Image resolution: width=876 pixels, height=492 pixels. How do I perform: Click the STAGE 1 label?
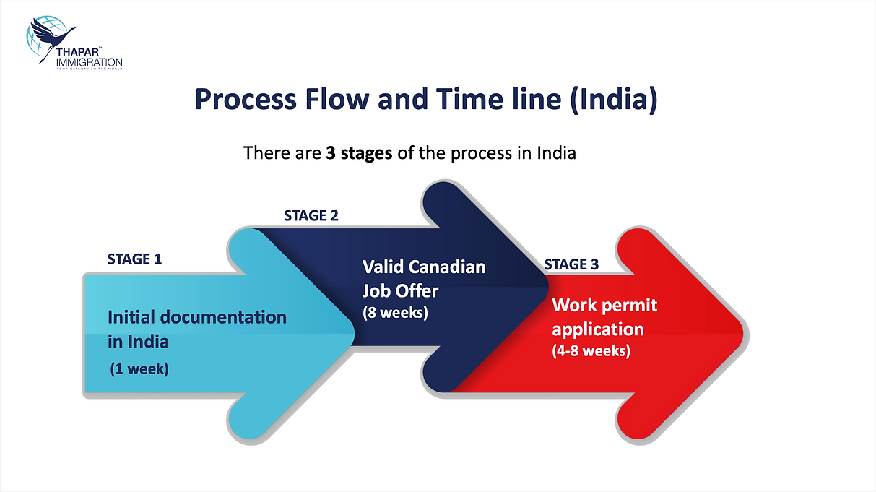coord(134,259)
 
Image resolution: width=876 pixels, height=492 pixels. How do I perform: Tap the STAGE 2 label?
coord(311,215)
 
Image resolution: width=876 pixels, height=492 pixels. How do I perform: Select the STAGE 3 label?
coord(571,264)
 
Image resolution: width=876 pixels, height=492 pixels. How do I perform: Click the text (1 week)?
coord(139,369)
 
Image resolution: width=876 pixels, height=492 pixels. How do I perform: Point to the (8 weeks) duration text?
coord(395,314)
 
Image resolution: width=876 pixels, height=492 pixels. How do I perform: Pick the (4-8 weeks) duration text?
coord(591,351)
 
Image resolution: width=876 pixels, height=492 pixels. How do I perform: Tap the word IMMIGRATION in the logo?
coord(89,62)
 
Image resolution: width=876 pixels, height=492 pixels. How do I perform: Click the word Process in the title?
coord(243,100)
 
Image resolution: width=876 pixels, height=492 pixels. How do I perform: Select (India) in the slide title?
coord(613,100)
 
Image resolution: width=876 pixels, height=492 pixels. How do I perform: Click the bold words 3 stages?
coord(359,153)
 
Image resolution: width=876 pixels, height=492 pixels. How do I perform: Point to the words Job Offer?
coord(400,292)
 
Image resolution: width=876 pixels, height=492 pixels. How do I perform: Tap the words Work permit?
coord(604,305)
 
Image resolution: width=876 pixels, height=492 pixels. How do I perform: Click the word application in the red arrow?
coord(597,329)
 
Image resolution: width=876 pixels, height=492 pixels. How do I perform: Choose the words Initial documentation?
coord(197,317)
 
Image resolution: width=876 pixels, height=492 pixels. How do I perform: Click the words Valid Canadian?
coord(424,267)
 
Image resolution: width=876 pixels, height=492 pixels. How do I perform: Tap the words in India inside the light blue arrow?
coord(139,340)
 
